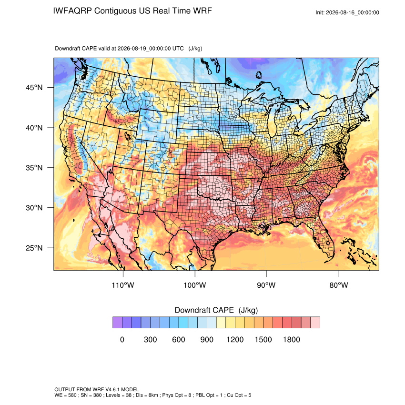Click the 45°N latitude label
[x=34, y=88]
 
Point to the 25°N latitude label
[x=34, y=248]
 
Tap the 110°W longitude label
[x=123, y=285]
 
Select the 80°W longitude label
[x=339, y=285]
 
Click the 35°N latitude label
[x=34, y=168]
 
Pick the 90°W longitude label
[x=266, y=285]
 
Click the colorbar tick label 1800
[x=291, y=339]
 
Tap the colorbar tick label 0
[x=122, y=339]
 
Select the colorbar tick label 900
[x=207, y=339]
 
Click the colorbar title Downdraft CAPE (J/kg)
[x=216, y=310]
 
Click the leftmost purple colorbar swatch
[x=117, y=323]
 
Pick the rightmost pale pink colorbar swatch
[x=315, y=323]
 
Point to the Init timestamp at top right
[x=347, y=12]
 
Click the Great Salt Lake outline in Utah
[x=127, y=135]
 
